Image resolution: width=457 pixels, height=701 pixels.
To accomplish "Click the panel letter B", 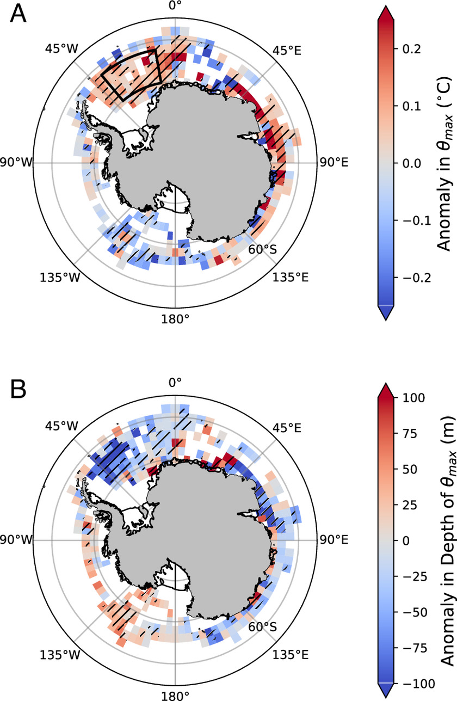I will pos(18,389).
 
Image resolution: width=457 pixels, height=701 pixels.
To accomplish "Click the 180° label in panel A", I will pos(175,317).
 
